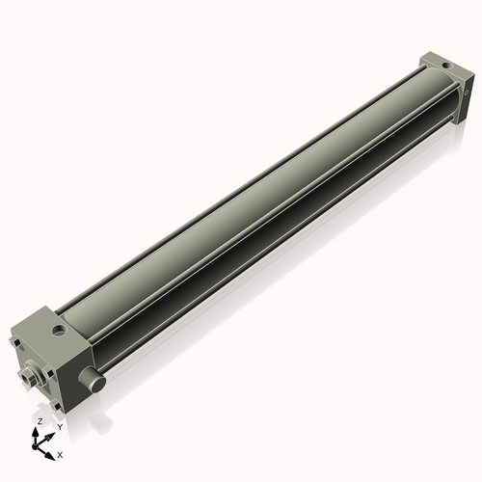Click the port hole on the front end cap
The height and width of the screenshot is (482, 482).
click(x=61, y=331)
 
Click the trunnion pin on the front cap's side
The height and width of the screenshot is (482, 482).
click(x=96, y=383)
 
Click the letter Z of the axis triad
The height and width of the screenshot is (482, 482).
click(x=40, y=422)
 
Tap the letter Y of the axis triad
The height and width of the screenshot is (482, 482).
click(x=60, y=426)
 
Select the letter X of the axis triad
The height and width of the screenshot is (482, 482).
click(x=61, y=453)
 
